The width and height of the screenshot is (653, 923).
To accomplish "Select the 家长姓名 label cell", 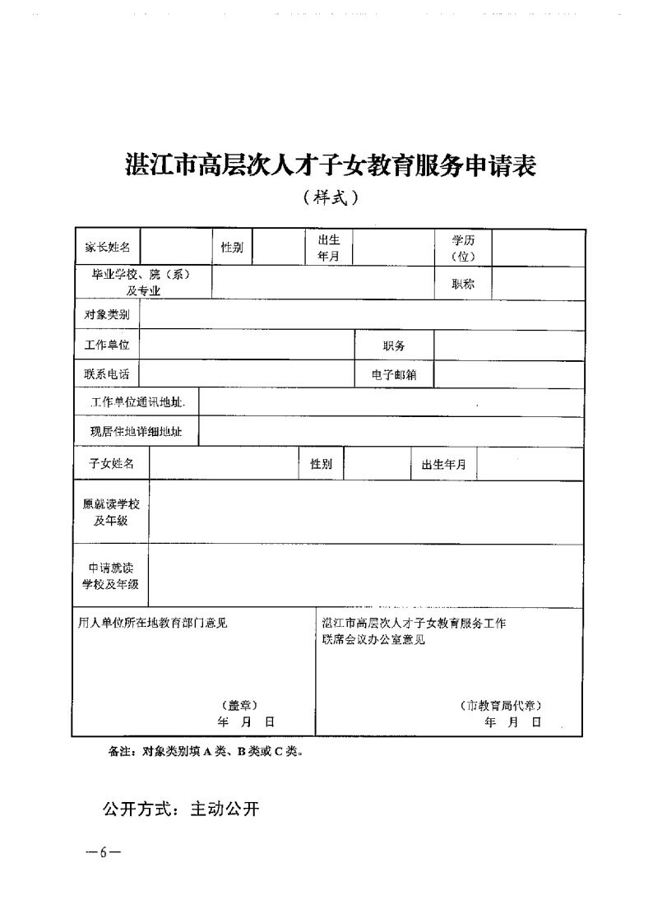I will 107,248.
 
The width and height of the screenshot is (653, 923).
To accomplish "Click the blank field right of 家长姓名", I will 176,248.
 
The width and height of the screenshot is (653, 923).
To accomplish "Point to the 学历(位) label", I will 463,248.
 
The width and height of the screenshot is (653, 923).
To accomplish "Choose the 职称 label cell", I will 463,284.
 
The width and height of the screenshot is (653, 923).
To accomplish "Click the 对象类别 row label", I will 107,314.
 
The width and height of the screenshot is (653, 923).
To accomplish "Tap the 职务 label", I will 394,346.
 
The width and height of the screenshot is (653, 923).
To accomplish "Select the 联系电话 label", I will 107,373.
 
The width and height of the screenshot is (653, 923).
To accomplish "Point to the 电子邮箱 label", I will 394,374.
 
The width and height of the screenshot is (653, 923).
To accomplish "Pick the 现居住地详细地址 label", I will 137,431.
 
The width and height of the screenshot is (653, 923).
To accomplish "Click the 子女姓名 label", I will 112,464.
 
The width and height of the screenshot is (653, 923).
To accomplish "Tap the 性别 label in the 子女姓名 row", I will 321,464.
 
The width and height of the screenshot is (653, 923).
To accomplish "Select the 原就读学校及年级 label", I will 111,513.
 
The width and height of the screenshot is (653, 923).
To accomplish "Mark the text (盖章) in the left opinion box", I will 239,705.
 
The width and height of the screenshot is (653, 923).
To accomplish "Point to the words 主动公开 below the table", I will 225,809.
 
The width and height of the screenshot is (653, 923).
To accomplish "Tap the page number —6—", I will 104,852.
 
